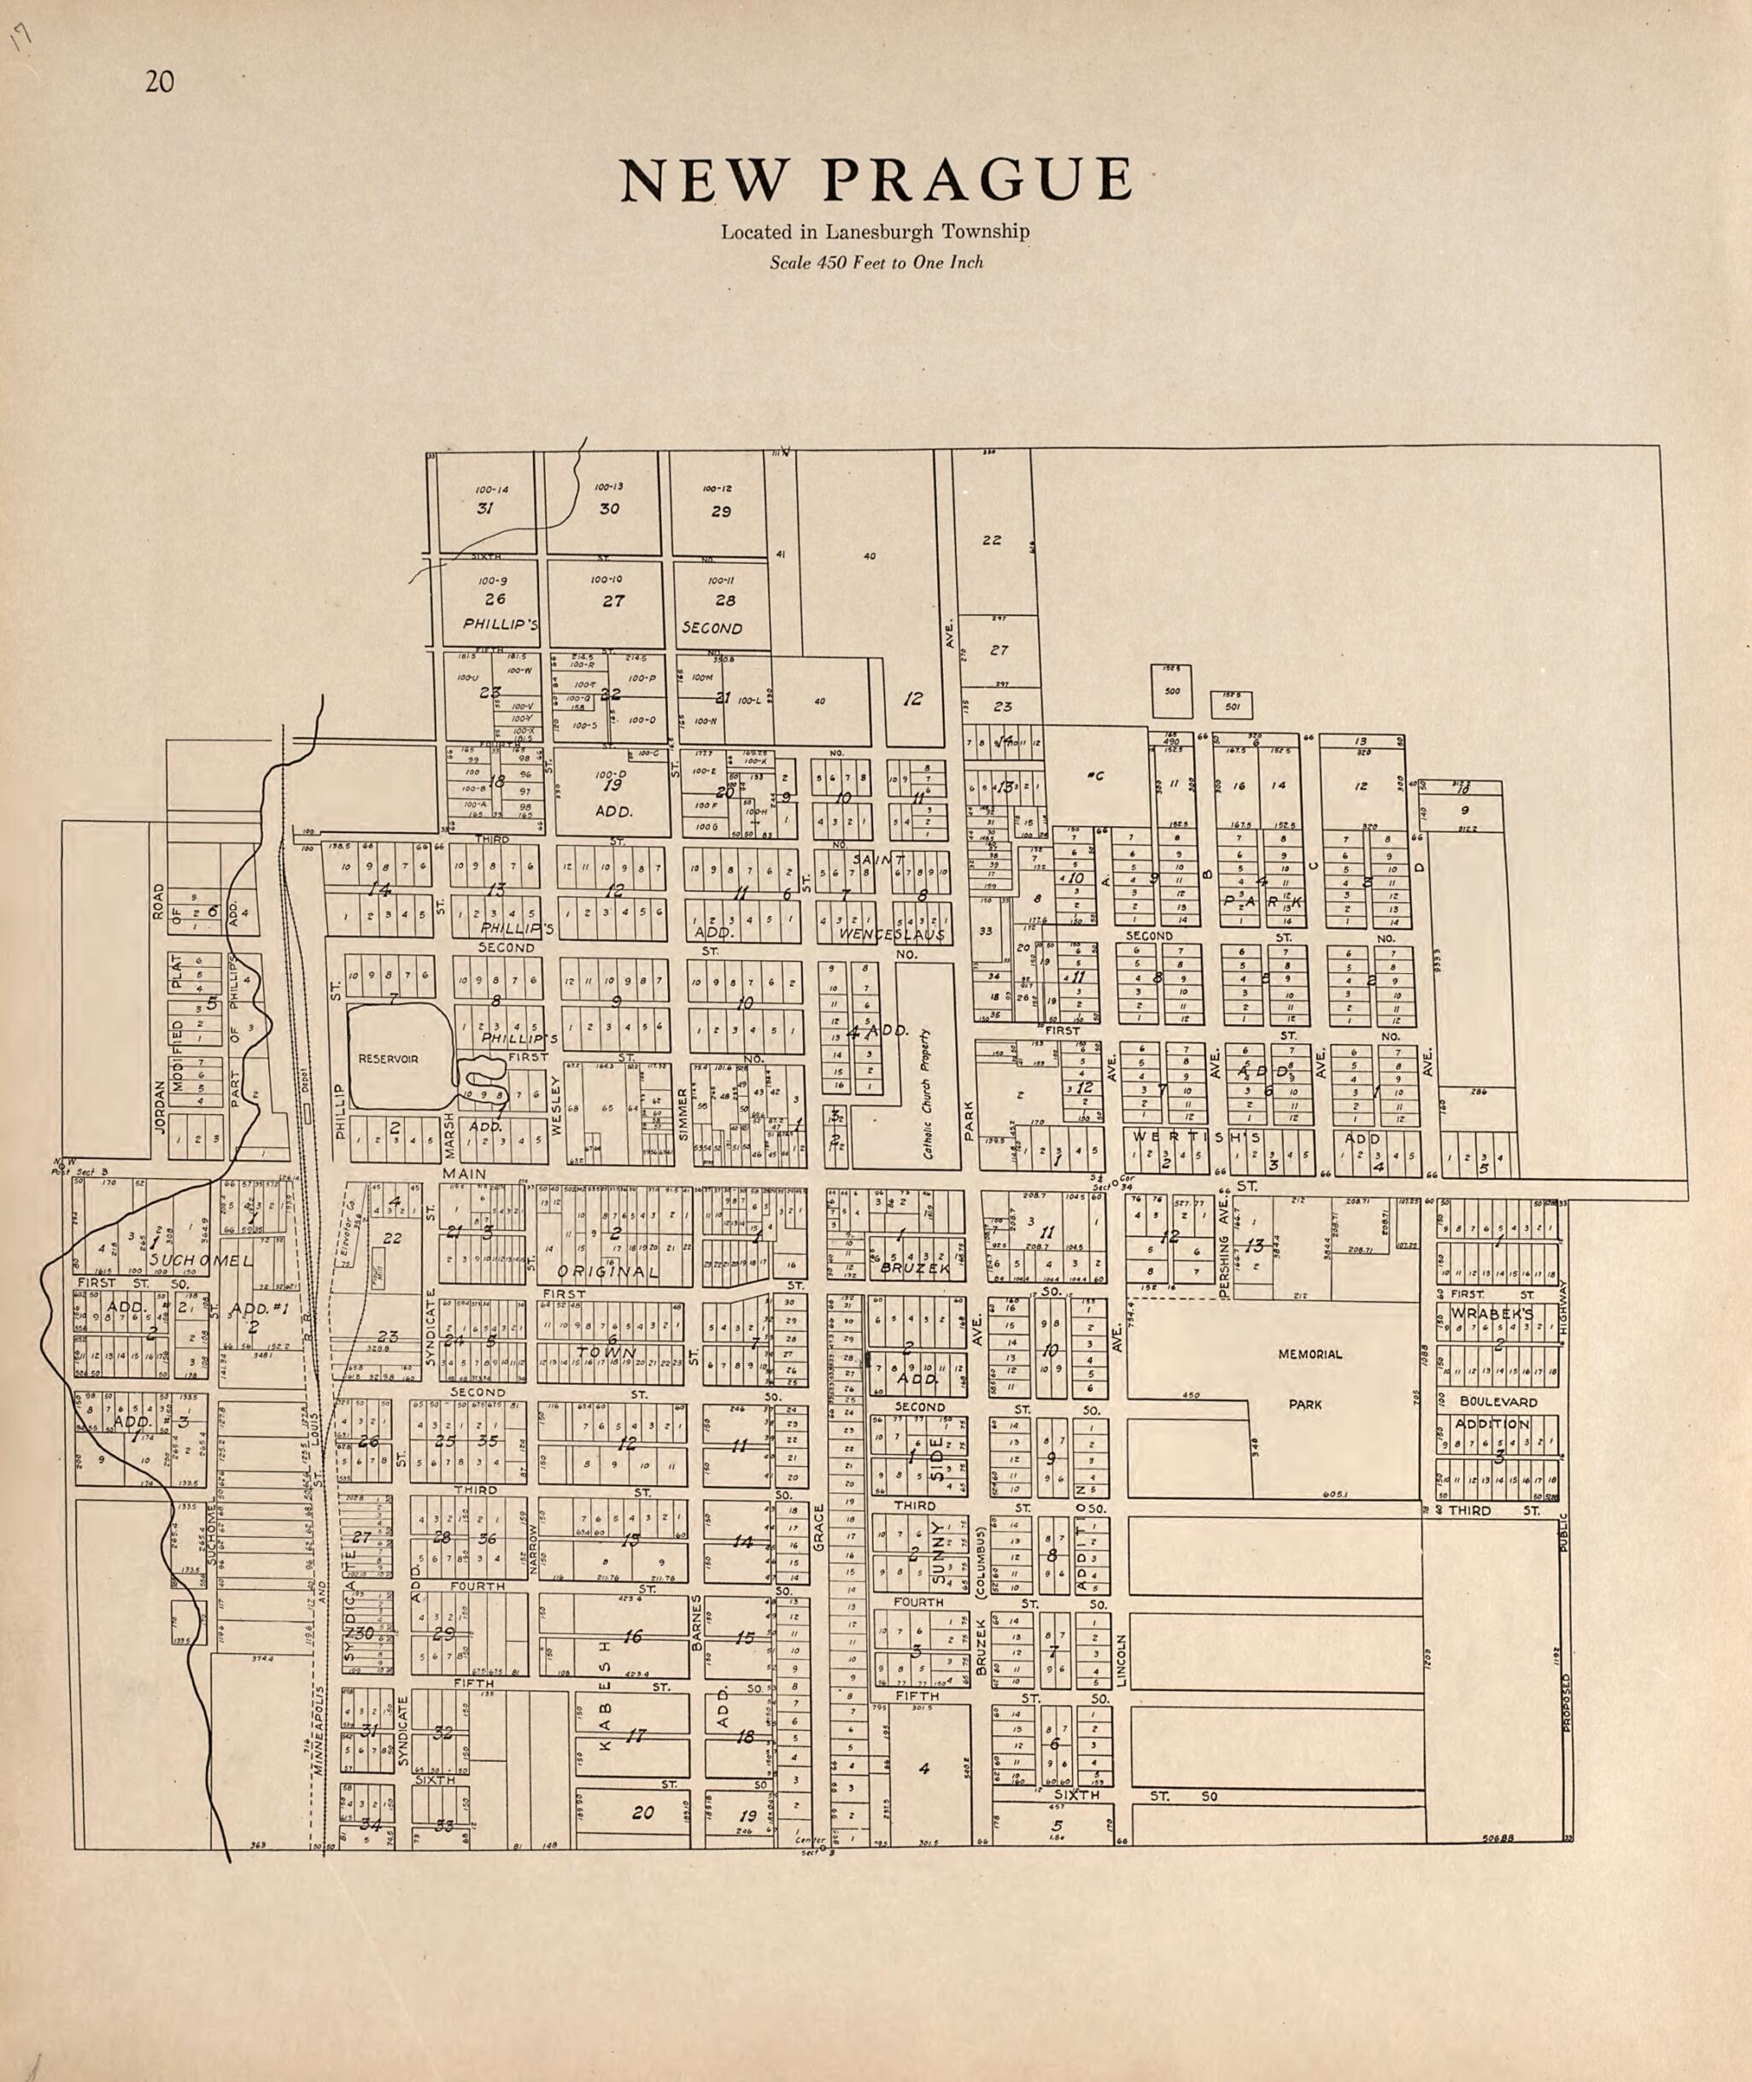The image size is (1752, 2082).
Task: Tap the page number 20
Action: (x=159, y=81)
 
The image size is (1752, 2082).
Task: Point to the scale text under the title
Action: (x=876, y=263)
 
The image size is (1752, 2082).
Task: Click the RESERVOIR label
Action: (x=389, y=1059)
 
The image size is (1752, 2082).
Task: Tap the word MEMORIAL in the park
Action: (x=1310, y=1355)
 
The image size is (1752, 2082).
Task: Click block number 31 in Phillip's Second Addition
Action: (x=486, y=508)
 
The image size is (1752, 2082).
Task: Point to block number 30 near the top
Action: (x=609, y=508)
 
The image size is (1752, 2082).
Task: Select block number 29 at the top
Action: (x=721, y=511)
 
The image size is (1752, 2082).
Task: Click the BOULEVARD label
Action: (x=1497, y=1403)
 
